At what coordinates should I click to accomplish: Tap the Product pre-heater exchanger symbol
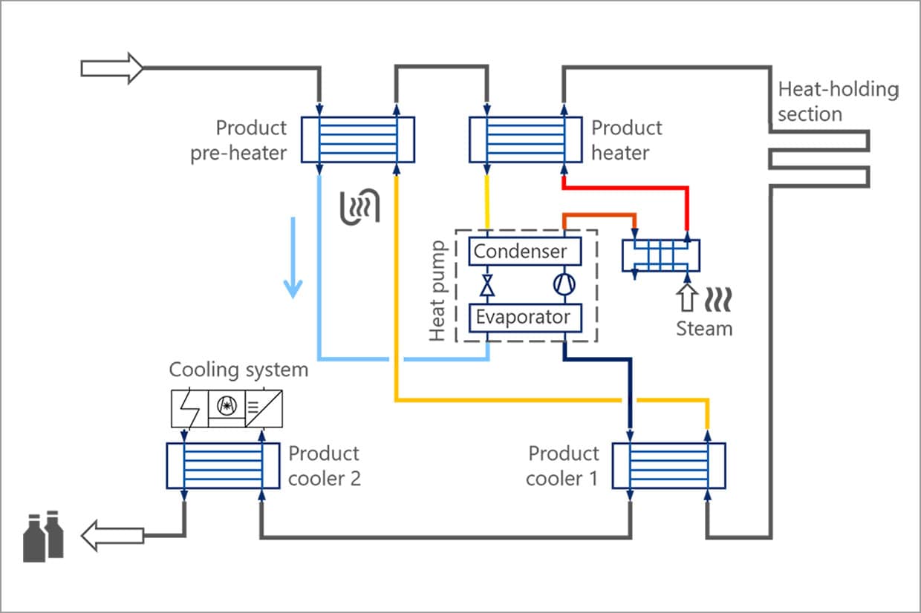click(x=357, y=140)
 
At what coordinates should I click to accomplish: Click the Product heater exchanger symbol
click(x=525, y=140)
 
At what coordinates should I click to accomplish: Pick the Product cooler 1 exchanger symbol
click(x=668, y=465)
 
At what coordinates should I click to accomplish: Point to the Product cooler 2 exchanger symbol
click(x=222, y=465)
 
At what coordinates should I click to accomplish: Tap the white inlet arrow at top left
click(x=111, y=68)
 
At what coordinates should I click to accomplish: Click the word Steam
click(x=703, y=328)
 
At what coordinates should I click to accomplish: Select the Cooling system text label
click(x=238, y=369)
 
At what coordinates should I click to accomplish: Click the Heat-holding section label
click(x=838, y=102)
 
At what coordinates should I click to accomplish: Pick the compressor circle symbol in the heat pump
click(x=562, y=285)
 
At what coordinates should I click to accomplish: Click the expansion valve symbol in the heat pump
click(x=488, y=285)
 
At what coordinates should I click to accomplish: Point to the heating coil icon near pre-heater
click(x=359, y=206)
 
